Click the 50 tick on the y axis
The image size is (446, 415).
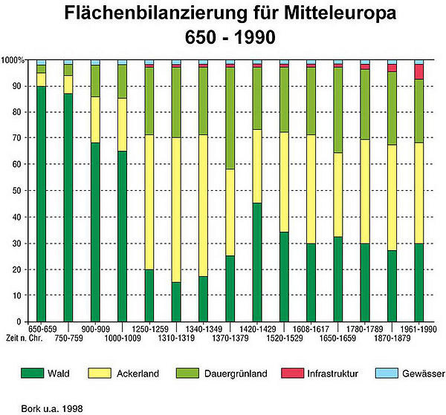[x=18, y=191]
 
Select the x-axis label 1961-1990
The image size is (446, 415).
[x=418, y=328]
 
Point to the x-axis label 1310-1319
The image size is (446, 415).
[x=176, y=337]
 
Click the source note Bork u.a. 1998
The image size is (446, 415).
[x=42, y=408]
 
